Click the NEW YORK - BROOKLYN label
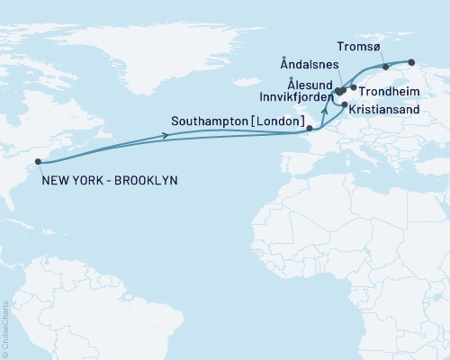point(110,180)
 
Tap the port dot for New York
point(38,163)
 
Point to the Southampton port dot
point(310,129)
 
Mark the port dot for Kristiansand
point(345,104)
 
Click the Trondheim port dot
point(354,87)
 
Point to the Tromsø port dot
point(385,67)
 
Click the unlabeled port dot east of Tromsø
point(411,62)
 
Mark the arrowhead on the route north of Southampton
point(322,109)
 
